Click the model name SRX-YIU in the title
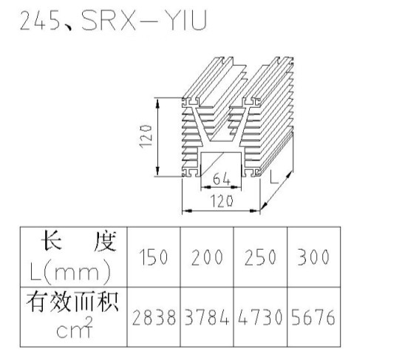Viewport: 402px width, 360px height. [x=144, y=21]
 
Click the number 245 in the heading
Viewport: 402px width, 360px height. [x=40, y=21]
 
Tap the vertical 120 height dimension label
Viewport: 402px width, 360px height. [x=146, y=136]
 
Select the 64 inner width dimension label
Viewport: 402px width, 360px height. [x=222, y=179]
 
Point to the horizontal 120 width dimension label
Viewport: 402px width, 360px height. [x=222, y=201]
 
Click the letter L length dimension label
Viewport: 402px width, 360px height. [x=274, y=177]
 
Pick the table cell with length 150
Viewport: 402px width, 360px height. [x=154, y=257]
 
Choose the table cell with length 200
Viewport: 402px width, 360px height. [x=207, y=257]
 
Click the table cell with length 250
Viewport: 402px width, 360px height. [x=260, y=257]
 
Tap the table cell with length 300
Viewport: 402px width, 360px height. [x=313, y=257]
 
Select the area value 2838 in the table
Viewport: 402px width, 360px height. [x=154, y=317]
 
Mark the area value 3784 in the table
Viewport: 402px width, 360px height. [x=207, y=317]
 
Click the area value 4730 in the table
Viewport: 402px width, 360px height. [x=260, y=317]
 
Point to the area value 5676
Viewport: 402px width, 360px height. [x=313, y=317]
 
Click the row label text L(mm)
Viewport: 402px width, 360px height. [x=70, y=271]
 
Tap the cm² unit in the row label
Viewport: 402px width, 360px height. [x=75, y=328]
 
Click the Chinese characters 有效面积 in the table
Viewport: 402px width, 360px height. [x=72, y=302]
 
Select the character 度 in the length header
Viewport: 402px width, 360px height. [x=105, y=242]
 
